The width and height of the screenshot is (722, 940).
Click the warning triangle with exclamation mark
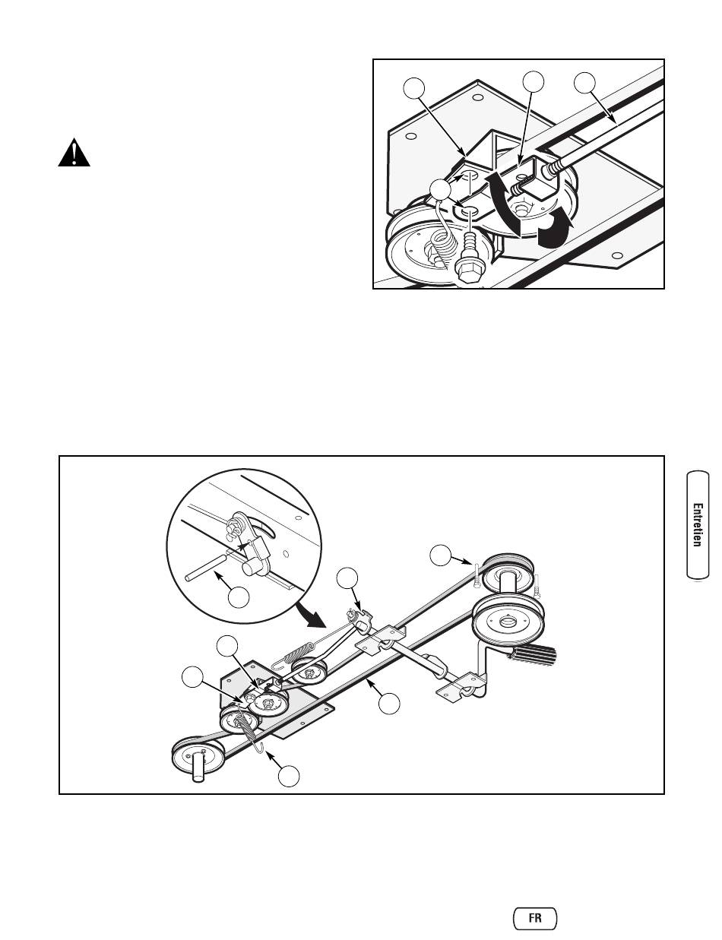point(74,154)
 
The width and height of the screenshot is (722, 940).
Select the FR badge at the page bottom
point(535,917)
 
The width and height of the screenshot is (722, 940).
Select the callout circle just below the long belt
point(389,704)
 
